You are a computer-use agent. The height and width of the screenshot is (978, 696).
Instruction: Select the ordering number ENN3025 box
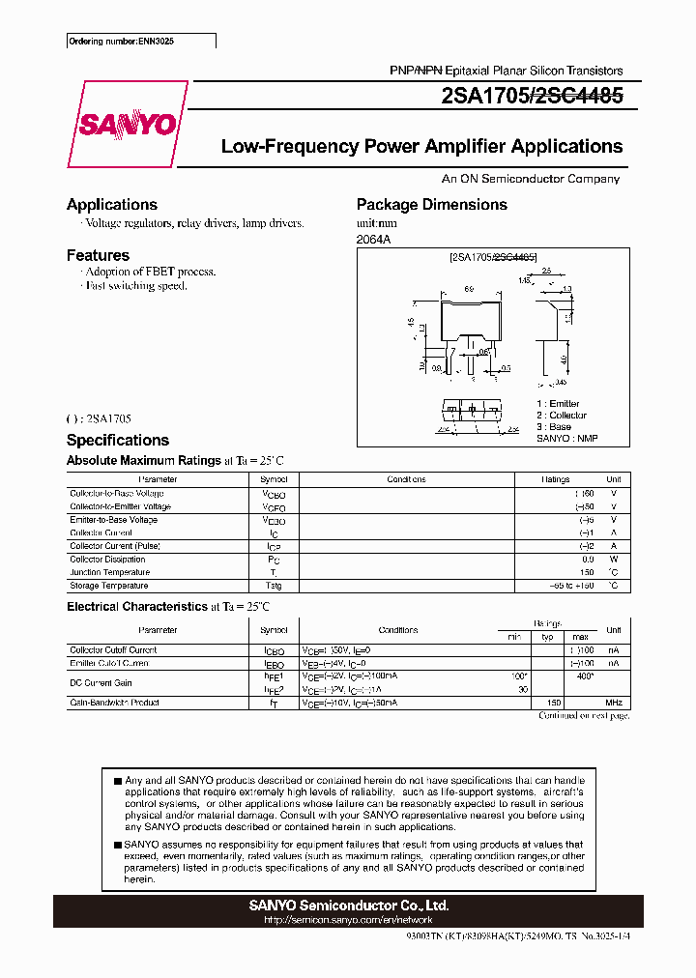[141, 43]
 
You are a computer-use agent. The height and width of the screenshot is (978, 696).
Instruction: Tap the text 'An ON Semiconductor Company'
[531, 179]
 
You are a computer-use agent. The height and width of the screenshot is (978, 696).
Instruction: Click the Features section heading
[98, 255]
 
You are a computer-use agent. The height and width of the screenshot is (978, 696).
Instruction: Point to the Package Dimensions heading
[431, 204]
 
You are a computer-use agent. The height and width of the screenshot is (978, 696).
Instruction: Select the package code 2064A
[374, 239]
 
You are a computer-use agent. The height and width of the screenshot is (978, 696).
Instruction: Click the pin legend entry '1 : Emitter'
[559, 403]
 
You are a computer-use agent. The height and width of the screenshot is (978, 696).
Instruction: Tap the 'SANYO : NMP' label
[567, 438]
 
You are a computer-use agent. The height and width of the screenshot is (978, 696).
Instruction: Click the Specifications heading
[117, 440]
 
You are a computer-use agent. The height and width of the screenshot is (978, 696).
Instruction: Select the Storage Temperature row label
[109, 586]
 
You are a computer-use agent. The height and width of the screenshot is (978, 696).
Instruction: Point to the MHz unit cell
[612, 703]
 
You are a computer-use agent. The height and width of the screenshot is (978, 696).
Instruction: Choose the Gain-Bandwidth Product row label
[114, 703]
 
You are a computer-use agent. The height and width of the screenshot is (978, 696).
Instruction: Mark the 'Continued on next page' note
[584, 716]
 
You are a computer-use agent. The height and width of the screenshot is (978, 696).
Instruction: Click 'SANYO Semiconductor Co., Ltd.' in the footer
[348, 906]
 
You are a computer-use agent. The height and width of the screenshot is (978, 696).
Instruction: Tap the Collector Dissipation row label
[107, 559]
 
